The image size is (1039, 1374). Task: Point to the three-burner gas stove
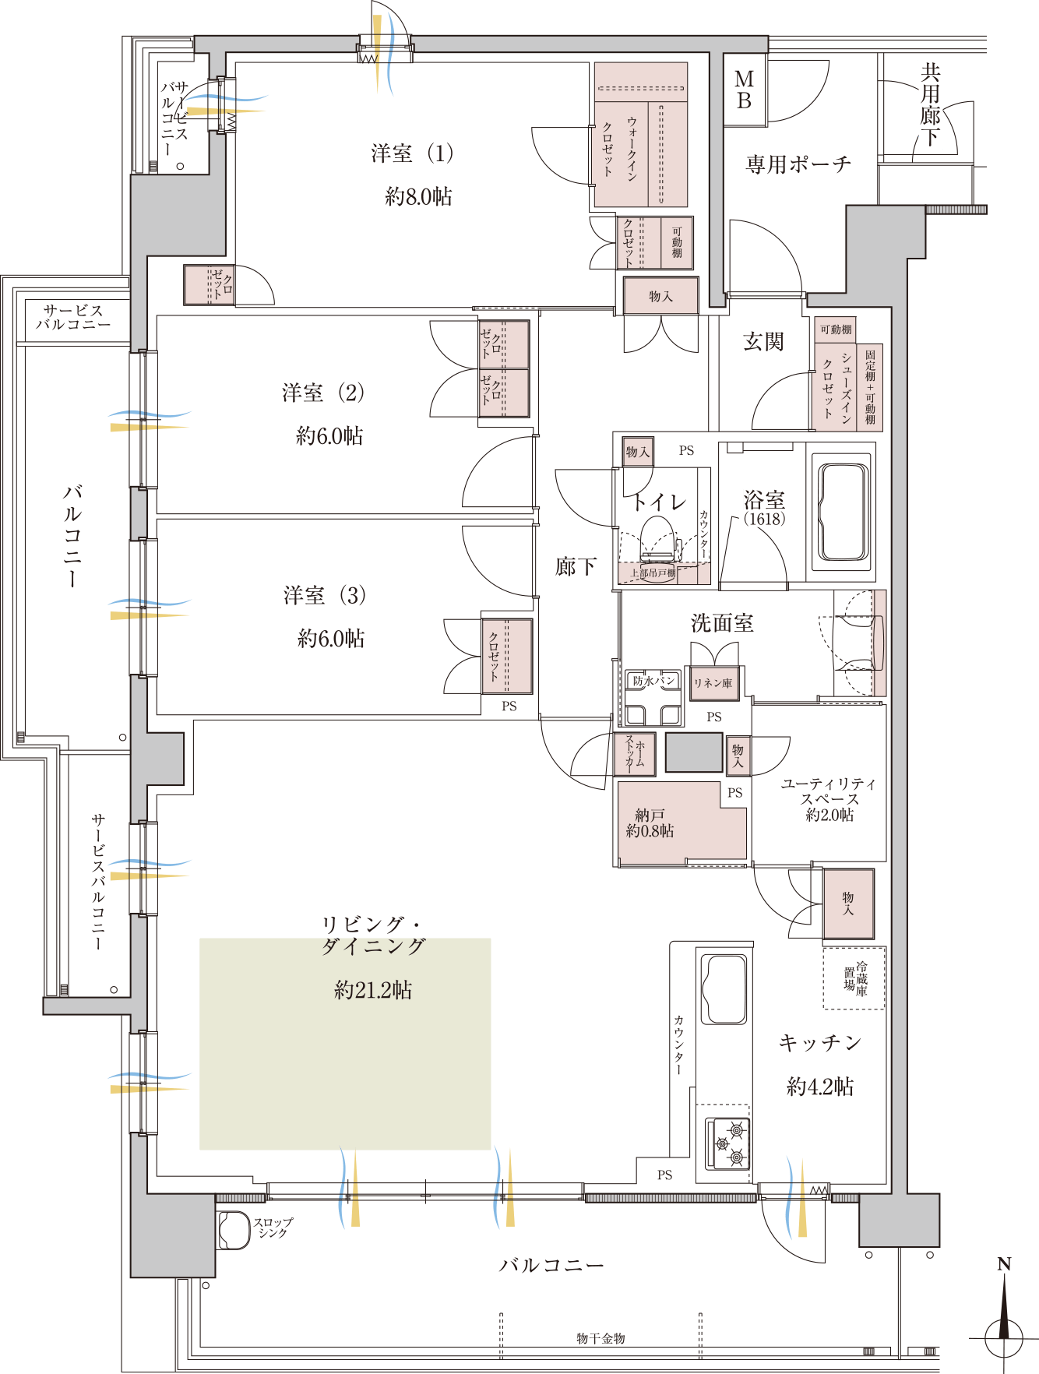pos(728,1143)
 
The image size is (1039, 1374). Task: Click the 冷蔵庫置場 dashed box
pos(854,978)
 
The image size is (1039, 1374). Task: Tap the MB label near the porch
pos(745,90)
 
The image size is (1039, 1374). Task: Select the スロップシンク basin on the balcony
pos(233,1231)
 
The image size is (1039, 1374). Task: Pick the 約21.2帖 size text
pos(373,990)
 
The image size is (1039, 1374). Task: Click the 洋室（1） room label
pos(412,153)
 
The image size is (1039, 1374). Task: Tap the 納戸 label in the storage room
pos(650,815)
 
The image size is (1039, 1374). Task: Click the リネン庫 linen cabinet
pos(713,683)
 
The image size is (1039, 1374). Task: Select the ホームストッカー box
pos(635,754)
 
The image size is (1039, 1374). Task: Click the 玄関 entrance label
pos(763,341)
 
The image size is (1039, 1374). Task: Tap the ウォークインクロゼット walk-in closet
pos(641,135)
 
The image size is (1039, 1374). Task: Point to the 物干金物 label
pos(601,1338)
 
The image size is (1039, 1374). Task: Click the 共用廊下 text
pos(931,105)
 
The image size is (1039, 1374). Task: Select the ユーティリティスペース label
pos(829,791)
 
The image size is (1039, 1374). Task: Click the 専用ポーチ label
pos(798,164)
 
